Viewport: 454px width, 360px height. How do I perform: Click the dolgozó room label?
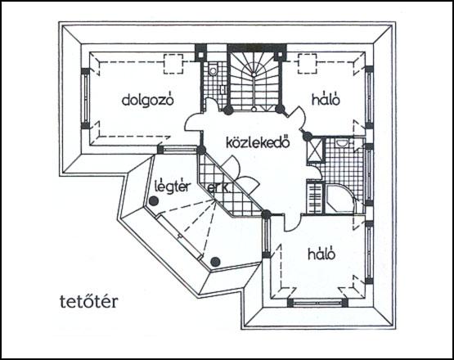(148, 100)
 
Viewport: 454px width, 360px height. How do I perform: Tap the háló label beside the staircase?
(326, 100)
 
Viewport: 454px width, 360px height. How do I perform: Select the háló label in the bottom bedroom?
(321, 254)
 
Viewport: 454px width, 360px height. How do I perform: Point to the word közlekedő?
(258, 143)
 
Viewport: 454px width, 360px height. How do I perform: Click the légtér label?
(173, 187)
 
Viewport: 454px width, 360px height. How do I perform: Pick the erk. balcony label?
(219, 188)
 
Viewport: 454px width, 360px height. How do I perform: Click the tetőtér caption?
(89, 301)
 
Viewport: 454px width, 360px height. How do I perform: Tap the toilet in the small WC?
(213, 70)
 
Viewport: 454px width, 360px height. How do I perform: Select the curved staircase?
(254, 82)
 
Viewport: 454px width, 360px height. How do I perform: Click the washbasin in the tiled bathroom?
(342, 143)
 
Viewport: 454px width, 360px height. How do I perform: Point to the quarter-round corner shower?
(339, 199)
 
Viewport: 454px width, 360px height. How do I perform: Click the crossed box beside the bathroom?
(315, 150)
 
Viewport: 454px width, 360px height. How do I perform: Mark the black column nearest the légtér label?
(154, 200)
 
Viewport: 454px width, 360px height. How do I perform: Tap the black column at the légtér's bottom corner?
(215, 262)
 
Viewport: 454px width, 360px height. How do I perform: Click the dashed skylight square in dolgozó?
(173, 64)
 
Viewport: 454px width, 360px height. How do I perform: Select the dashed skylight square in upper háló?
(308, 64)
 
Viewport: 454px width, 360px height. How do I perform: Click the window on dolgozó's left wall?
(85, 98)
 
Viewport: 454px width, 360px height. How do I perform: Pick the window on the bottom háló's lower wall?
(317, 303)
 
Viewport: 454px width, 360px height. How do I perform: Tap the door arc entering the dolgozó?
(193, 123)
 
